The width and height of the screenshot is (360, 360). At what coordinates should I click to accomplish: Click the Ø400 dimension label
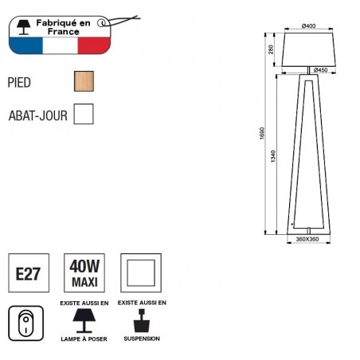click(308, 25)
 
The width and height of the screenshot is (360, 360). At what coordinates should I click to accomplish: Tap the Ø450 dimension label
click(320, 70)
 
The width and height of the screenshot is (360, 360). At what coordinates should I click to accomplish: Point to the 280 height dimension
click(271, 49)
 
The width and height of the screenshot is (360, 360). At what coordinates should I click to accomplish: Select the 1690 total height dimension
click(262, 133)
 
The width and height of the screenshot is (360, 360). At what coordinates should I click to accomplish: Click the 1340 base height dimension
click(273, 156)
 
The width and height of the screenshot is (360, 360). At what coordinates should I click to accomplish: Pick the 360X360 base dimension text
click(307, 239)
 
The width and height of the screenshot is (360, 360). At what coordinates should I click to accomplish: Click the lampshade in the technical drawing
click(308, 49)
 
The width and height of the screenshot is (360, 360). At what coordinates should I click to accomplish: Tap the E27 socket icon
click(29, 273)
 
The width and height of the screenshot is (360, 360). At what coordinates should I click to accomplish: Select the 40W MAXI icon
click(84, 273)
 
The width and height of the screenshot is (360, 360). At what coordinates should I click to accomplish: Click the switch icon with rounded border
click(25, 323)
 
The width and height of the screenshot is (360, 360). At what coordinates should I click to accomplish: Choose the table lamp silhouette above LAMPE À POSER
click(84, 321)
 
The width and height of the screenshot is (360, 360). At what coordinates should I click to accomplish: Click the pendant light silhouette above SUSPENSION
click(142, 321)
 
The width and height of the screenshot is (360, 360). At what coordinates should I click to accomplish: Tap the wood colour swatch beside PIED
click(84, 81)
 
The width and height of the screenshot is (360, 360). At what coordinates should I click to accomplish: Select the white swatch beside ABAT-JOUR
click(84, 114)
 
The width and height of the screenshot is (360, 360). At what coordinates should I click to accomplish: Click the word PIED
click(19, 83)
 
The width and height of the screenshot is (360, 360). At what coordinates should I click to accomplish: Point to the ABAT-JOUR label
click(38, 115)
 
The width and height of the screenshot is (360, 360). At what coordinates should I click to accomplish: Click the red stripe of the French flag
click(94, 45)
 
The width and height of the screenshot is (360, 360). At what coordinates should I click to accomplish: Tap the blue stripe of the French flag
click(25, 45)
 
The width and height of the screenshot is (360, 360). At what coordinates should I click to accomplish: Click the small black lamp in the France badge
click(23, 27)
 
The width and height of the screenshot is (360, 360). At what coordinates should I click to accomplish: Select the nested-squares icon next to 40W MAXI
click(141, 273)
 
